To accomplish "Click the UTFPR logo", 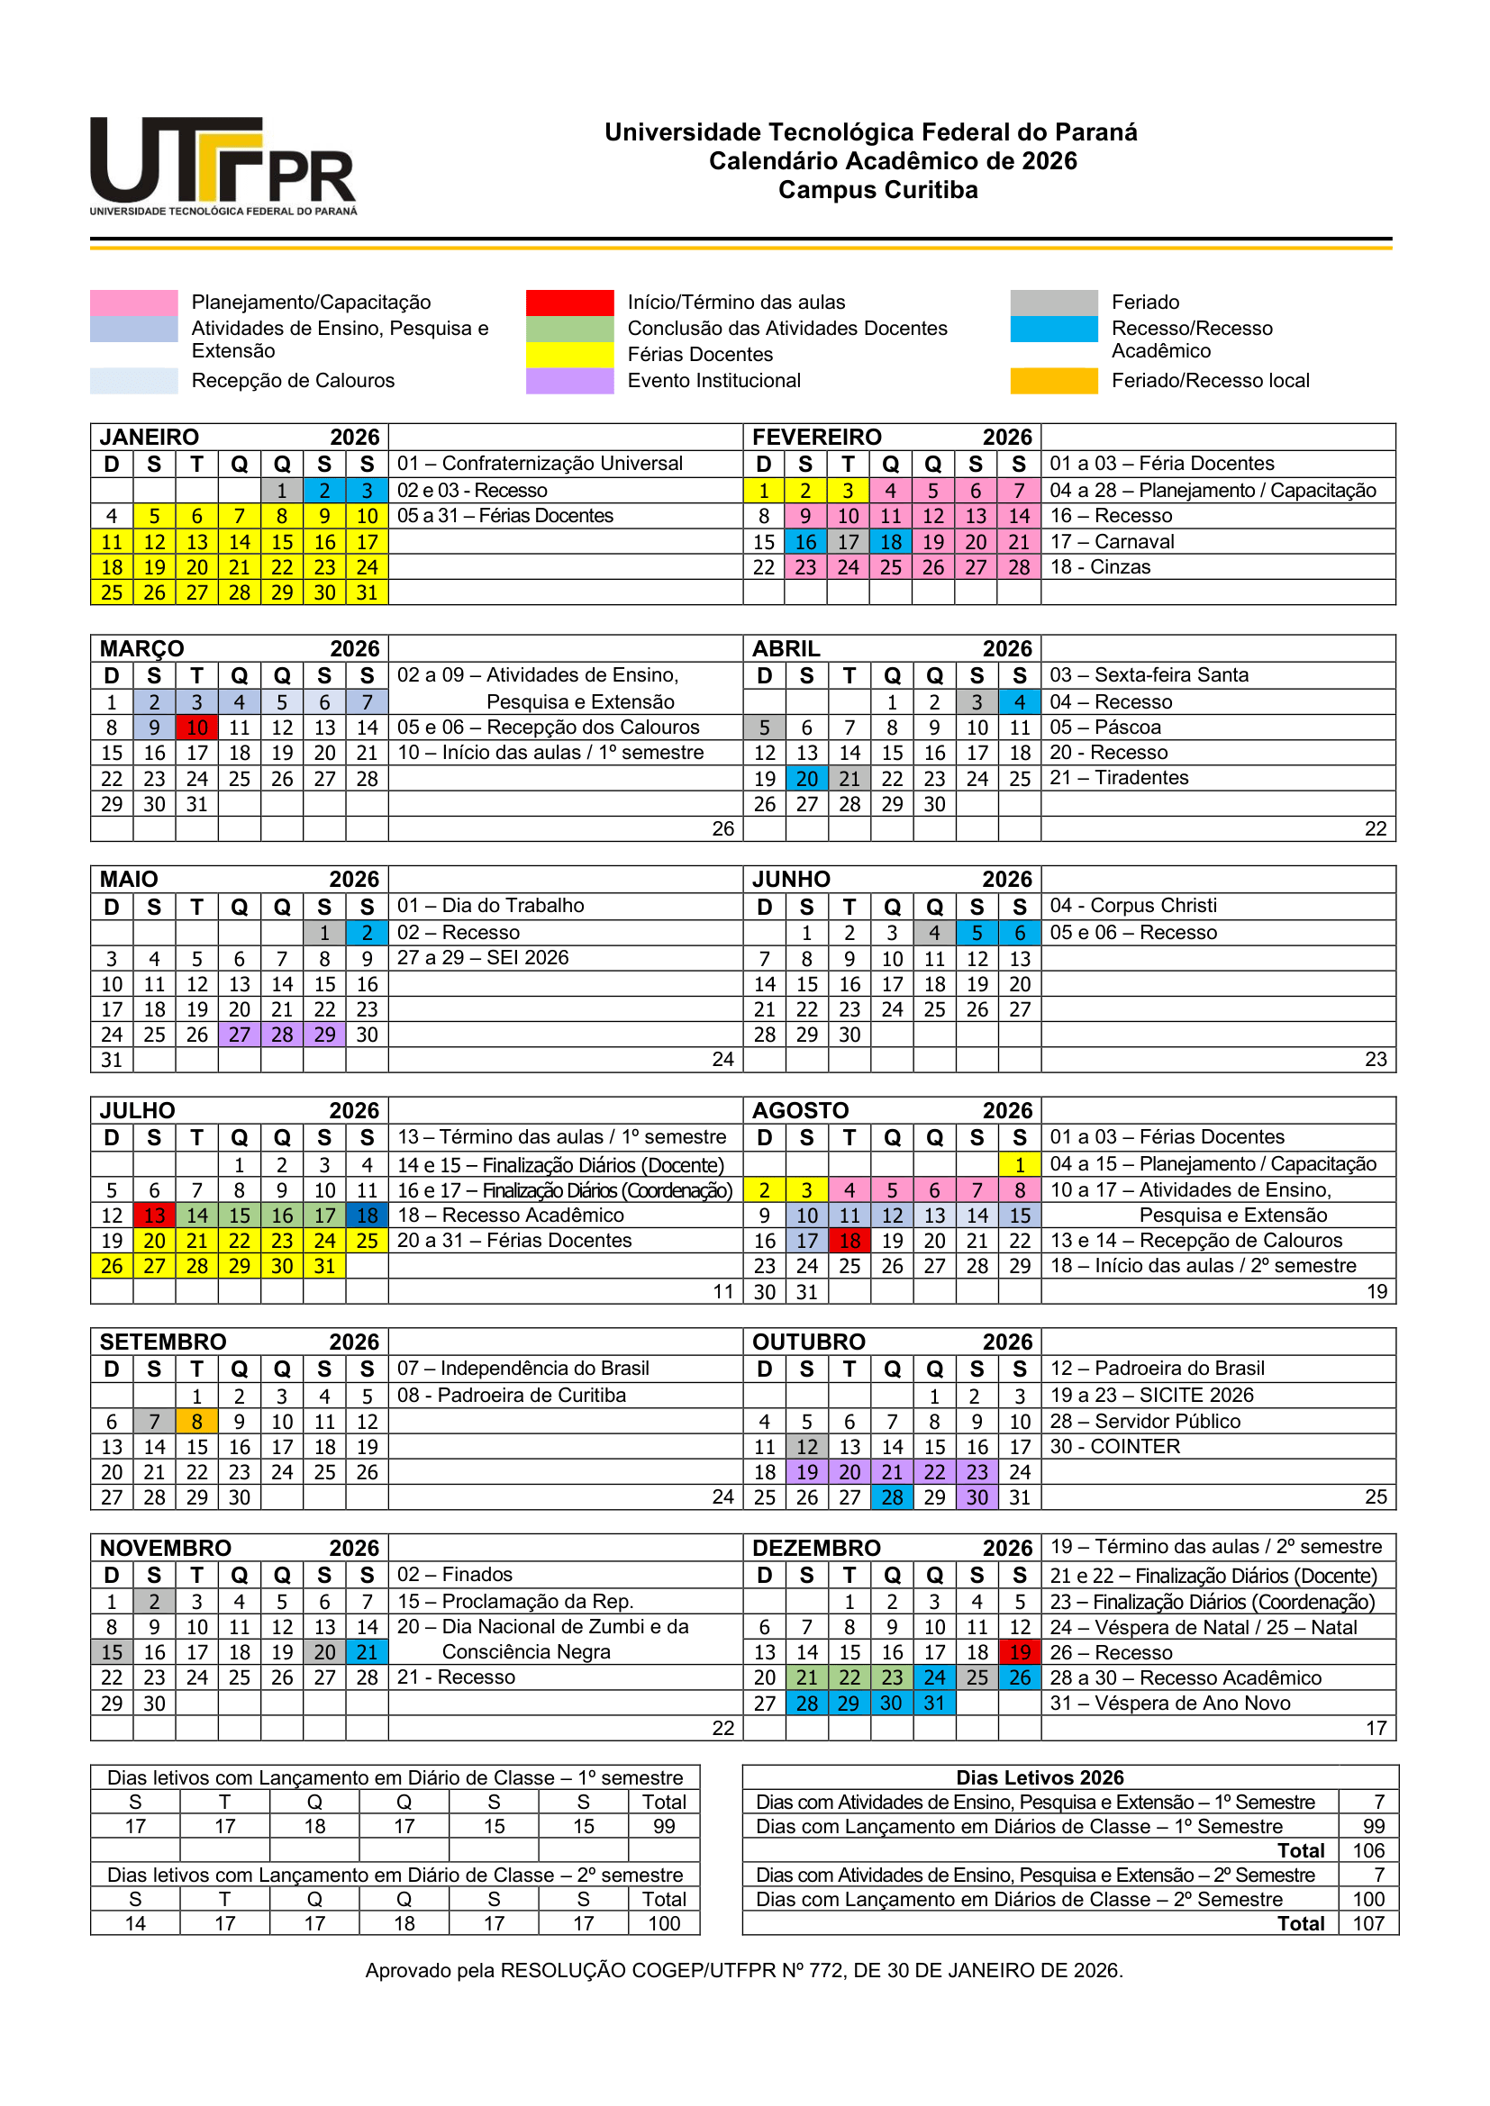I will tap(223, 165).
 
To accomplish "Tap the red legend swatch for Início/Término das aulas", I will tap(568, 303).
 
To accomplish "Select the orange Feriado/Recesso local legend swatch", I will tap(1053, 381).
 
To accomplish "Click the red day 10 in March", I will tap(197, 728).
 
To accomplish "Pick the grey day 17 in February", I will tap(848, 542).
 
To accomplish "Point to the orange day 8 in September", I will tap(197, 1422).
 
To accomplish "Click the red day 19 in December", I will tap(1020, 1653).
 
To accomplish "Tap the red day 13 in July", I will tap(154, 1216).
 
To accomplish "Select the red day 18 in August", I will tap(849, 1241).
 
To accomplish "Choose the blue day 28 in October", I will tap(892, 1498).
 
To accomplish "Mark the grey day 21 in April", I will tap(849, 779).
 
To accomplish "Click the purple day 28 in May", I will tap(282, 1035).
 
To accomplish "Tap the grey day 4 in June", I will tap(934, 933).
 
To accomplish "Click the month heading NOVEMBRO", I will tap(165, 1549).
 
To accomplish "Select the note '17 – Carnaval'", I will tap(1112, 542).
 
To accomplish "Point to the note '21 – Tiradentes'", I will tap(1119, 778).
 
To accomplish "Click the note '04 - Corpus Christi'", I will tap(1133, 905).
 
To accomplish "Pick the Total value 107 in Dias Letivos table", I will tap(1368, 1923).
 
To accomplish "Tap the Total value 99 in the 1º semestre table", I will tap(664, 1826).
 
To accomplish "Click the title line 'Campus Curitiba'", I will tap(878, 190).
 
